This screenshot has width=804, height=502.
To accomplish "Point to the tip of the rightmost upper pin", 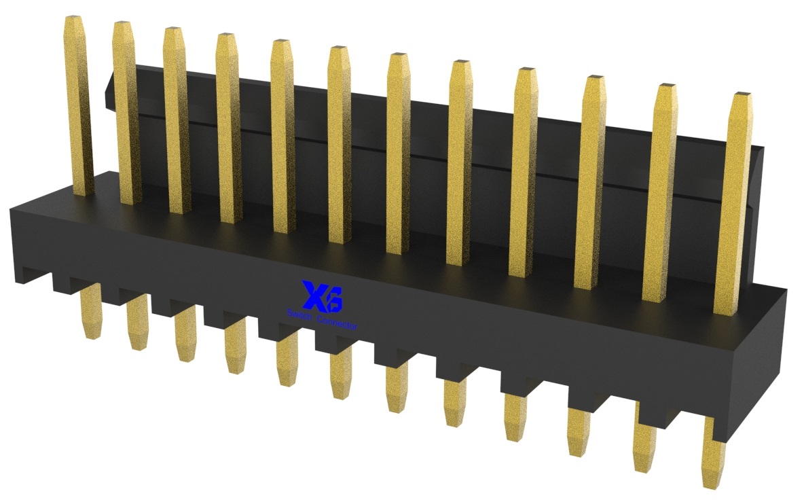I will click(x=741, y=94).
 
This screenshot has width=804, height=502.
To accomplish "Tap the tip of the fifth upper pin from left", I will click(x=281, y=43).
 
